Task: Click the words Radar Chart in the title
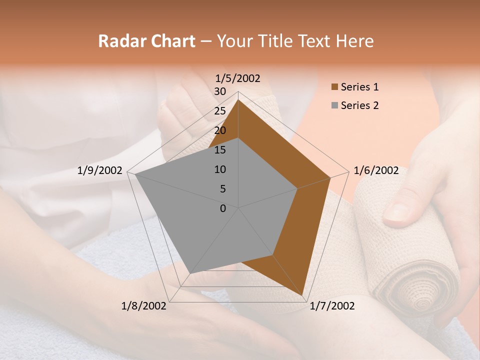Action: [x=146, y=41]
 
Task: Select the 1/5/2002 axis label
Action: [x=238, y=78]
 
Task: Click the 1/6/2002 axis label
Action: [x=376, y=170]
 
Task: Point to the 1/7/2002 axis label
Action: [x=332, y=306]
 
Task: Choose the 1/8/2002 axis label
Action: [x=144, y=306]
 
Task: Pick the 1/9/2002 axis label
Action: [x=100, y=170]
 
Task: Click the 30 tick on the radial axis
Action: [x=220, y=91]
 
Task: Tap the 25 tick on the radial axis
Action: [x=220, y=111]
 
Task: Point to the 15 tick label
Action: [x=220, y=150]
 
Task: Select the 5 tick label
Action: [x=222, y=189]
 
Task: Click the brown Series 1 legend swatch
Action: [x=334, y=87]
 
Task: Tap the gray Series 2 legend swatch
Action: [x=334, y=105]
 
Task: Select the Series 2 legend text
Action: [x=359, y=105]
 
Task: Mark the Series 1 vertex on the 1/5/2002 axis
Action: [x=238, y=100]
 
